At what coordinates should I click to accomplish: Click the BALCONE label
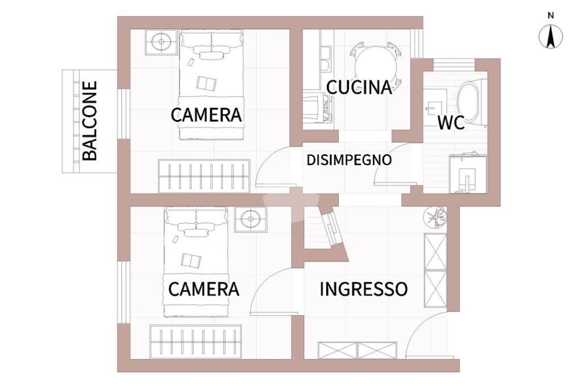[x=90, y=121]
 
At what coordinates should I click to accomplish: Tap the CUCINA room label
[x=359, y=88]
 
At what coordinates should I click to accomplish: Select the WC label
[x=451, y=123]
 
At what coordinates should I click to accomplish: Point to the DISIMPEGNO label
[x=350, y=160]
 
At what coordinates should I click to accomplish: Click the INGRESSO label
[x=363, y=289]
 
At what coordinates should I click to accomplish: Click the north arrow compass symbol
[x=551, y=37]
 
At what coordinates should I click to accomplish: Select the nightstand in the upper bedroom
[x=161, y=42]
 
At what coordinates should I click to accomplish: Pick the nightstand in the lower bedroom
[x=251, y=220]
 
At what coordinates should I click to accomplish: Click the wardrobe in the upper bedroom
[x=204, y=176]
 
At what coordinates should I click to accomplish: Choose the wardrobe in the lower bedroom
[x=196, y=341]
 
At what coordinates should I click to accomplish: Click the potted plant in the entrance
[x=435, y=217]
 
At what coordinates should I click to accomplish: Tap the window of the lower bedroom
[x=123, y=292]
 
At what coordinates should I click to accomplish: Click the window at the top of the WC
[x=454, y=64]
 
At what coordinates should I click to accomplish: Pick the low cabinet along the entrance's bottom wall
[x=358, y=350]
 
